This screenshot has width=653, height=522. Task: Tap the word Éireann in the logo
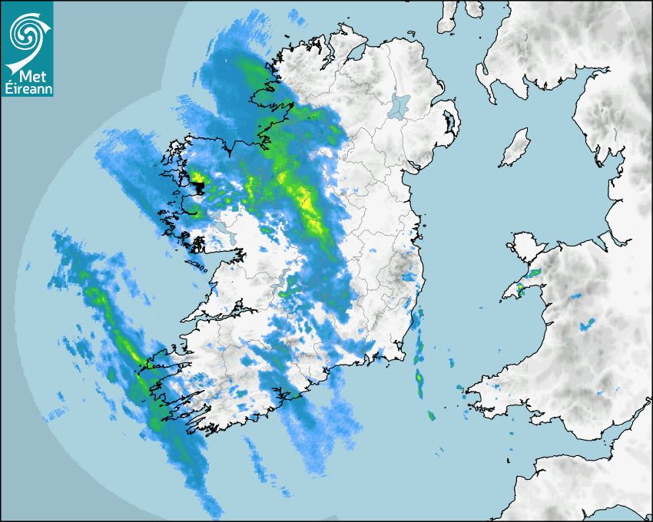27,89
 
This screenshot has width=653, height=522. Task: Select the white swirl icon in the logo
26,35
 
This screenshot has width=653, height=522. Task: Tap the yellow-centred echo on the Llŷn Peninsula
519,289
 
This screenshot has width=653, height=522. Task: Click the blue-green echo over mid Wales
588,324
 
